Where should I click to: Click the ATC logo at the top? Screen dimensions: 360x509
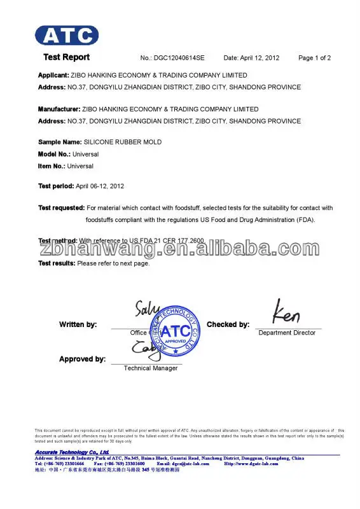tap(67, 34)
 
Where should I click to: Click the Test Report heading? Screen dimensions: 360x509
tap(66, 57)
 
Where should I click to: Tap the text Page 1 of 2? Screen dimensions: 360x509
tap(314, 58)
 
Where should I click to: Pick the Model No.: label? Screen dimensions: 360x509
tap(53, 154)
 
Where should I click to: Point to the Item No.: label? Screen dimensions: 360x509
tap(52, 166)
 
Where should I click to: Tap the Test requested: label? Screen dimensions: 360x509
tap(61, 208)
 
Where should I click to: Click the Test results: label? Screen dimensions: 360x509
tap(57, 263)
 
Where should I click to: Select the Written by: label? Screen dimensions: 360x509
tap(78, 324)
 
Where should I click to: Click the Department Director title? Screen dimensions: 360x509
tap(287, 333)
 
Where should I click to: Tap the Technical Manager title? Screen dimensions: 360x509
tap(151, 368)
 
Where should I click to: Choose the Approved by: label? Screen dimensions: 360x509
tap(82, 359)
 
